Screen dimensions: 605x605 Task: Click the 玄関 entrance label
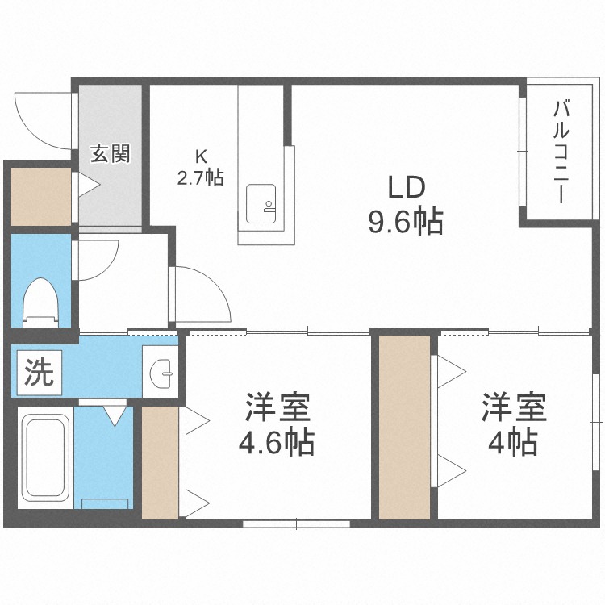(x=110, y=153)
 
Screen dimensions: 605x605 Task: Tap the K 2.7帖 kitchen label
(x=200, y=168)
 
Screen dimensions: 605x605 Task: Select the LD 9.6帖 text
(x=406, y=205)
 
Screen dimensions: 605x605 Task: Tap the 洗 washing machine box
(x=37, y=372)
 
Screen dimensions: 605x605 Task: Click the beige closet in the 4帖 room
(x=404, y=426)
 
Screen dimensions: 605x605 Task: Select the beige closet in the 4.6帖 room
(x=160, y=462)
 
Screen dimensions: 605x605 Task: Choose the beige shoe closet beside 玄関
(x=40, y=194)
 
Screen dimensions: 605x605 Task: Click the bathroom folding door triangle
(x=115, y=415)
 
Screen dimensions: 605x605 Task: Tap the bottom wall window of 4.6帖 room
(x=297, y=524)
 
